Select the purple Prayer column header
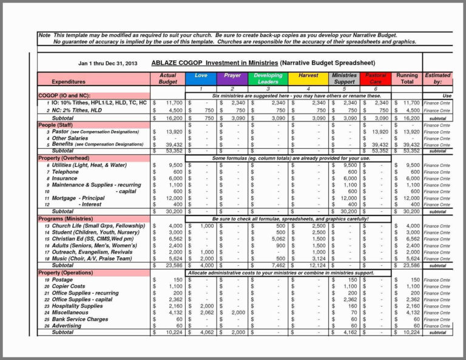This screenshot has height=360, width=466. click(x=232, y=78)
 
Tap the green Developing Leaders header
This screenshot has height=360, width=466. click(x=268, y=78)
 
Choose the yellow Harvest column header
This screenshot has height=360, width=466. click(x=308, y=78)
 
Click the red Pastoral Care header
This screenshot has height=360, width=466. click(x=376, y=78)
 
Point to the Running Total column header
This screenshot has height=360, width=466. click(x=407, y=78)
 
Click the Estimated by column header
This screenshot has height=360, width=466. click(x=437, y=78)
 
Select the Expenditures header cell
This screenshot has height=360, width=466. click(x=68, y=81)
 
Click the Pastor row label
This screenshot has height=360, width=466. click(x=60, y=131)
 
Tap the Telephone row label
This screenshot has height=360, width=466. click(x=65, y=172)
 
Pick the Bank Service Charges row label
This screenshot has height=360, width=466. click(x=79, y=319)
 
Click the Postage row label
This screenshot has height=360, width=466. click(x=62, y=280)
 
